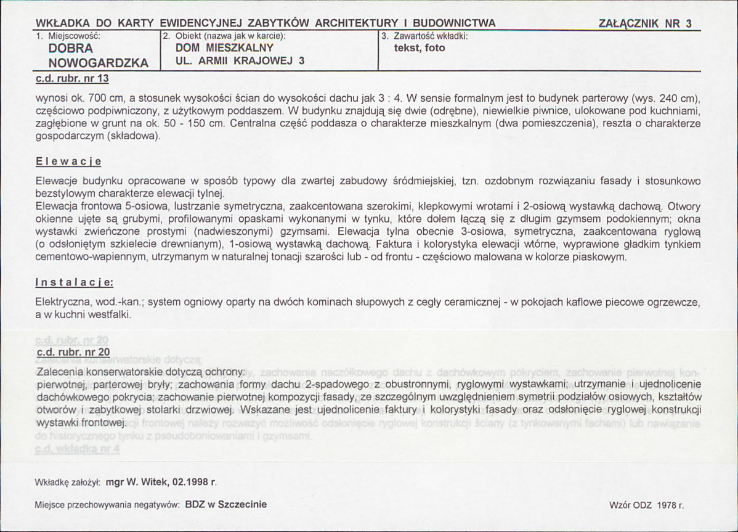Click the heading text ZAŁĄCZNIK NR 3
644,23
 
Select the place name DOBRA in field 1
70,48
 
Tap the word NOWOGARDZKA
98,63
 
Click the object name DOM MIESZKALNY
224,47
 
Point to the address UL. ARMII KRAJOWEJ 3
240,60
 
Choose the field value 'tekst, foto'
419,47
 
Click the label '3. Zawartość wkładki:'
425,36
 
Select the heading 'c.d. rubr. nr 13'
73,78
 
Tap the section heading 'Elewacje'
68,162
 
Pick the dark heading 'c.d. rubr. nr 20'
73,352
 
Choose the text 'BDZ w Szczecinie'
226,504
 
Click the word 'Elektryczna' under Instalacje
62,303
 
